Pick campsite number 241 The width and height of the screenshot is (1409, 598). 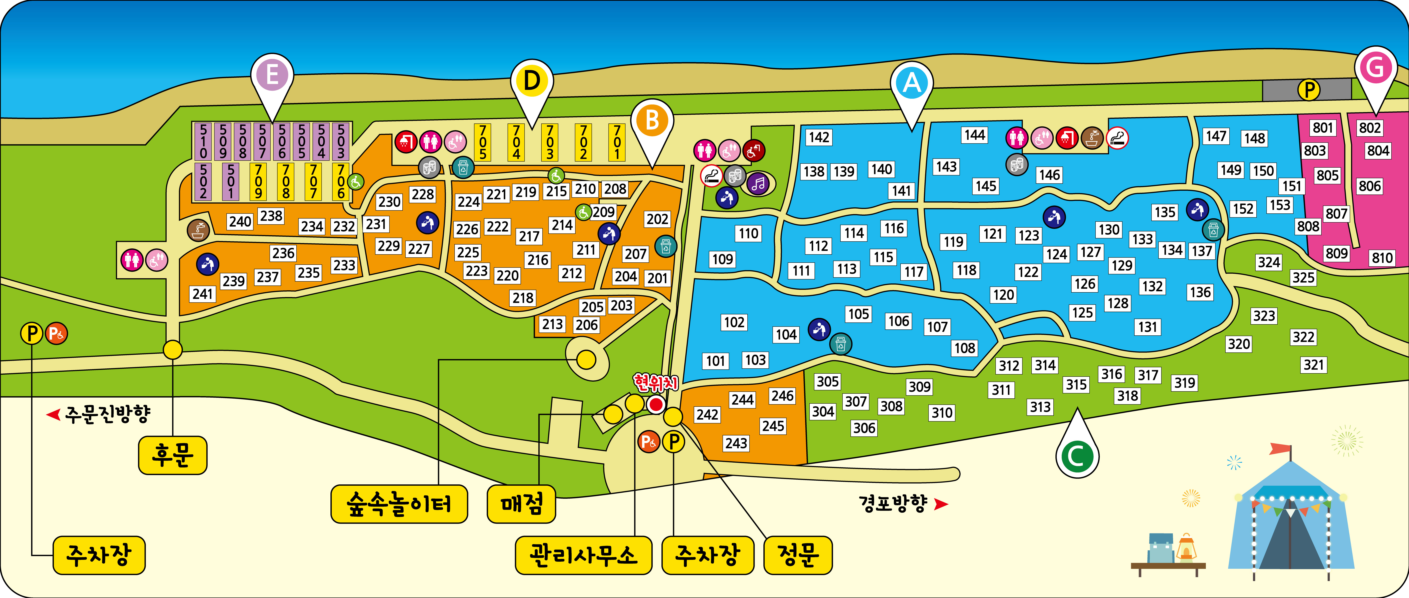point(202,294)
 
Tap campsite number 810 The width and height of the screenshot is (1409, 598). point(1382,258)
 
